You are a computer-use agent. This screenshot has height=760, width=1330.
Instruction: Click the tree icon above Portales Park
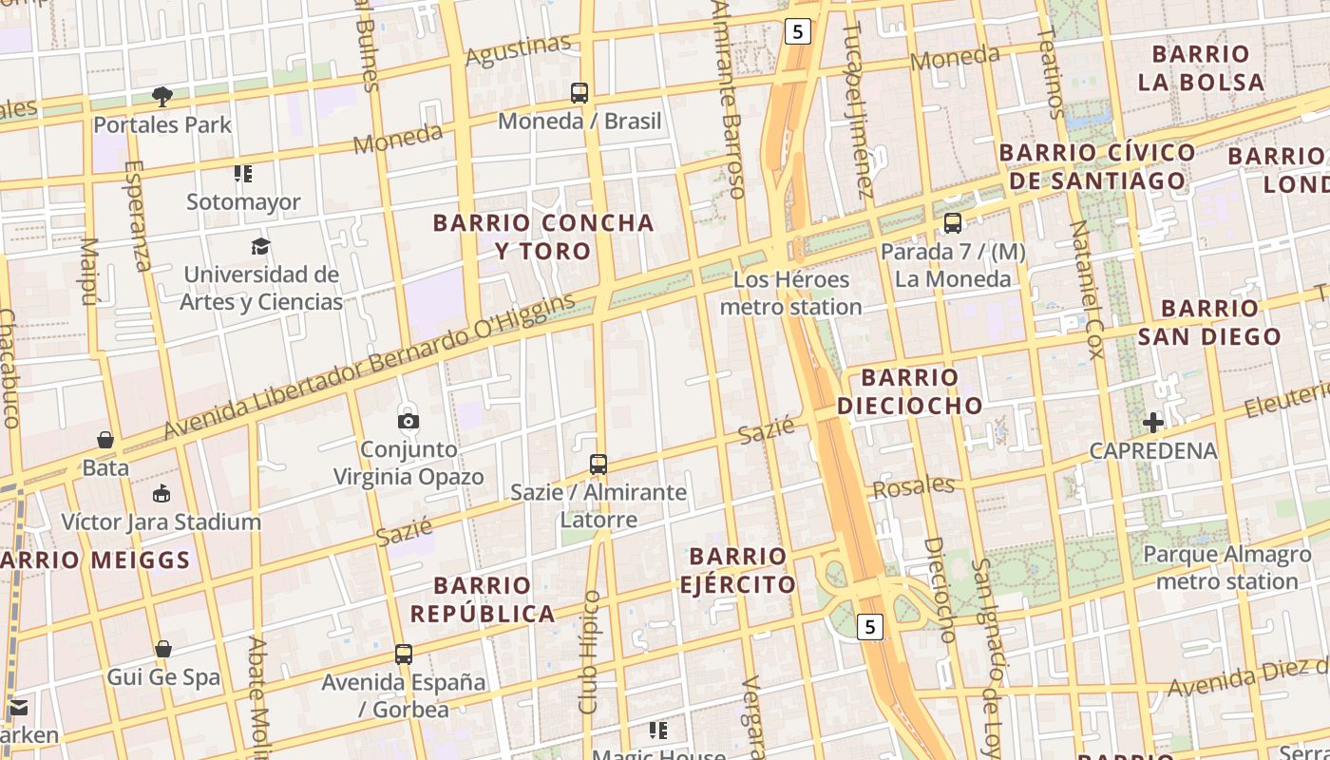[162, 96]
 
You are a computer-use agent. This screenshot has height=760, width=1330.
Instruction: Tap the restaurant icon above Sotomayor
[243, 174]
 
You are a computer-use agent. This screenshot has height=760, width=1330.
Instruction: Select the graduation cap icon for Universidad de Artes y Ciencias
[261, 247]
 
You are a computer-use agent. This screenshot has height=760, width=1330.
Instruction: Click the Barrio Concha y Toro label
[543, 237]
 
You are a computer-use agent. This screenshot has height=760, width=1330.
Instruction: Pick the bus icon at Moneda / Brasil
[579, 93]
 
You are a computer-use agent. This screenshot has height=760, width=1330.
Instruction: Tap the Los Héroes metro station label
[790, 293]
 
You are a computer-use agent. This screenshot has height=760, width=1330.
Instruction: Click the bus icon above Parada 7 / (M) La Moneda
[952, 223]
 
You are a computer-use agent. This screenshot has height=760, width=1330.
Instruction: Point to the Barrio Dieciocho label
[910, 391]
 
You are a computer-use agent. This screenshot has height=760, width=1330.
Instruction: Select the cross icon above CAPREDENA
[1153, 422]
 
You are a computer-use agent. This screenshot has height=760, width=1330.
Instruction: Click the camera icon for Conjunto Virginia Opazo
[408, 420]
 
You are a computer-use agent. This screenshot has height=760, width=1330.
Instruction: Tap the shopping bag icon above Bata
[105, 440]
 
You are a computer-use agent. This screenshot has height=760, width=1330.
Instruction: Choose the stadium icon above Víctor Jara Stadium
[161, 494]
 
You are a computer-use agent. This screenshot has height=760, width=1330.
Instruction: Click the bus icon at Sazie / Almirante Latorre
[598, 465]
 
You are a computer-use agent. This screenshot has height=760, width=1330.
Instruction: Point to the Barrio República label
[483, 598]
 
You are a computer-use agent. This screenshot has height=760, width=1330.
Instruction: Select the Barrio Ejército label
[737, 570]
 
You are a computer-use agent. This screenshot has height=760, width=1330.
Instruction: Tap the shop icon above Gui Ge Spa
[163, 650]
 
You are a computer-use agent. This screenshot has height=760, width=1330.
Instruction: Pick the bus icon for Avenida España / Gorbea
[404, 655]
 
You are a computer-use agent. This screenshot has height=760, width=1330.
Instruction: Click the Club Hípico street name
[591, 652]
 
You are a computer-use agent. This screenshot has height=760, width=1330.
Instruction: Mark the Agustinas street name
[519, 49]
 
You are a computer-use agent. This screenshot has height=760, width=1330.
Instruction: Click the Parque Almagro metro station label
[1220, 568]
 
